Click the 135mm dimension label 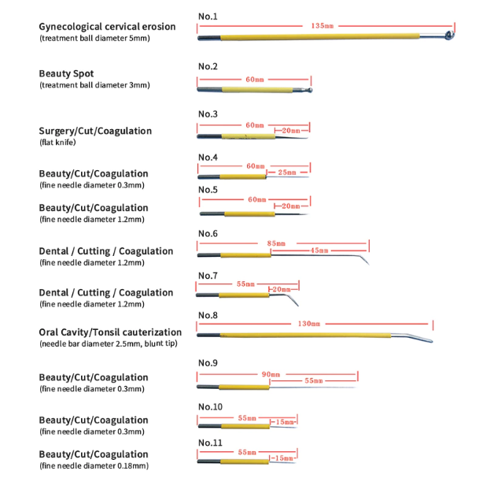point(322,26)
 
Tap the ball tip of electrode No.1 point(450,35)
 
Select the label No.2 point(208,66)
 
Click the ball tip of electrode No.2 point(309,90)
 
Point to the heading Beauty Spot point(66,74)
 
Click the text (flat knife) point(57,143)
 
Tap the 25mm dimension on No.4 point(287,172)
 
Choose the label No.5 point(208,190)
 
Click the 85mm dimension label point(276,243)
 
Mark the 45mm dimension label point(319,250)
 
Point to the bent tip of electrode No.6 point(364,259)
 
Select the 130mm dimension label point(309,324)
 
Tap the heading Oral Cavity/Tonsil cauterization point(110,332)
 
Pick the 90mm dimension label point(271,374)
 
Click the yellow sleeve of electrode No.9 point(244,387)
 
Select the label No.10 point(210,407)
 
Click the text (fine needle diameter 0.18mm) point(94,465)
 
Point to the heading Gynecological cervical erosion point(107,27)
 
